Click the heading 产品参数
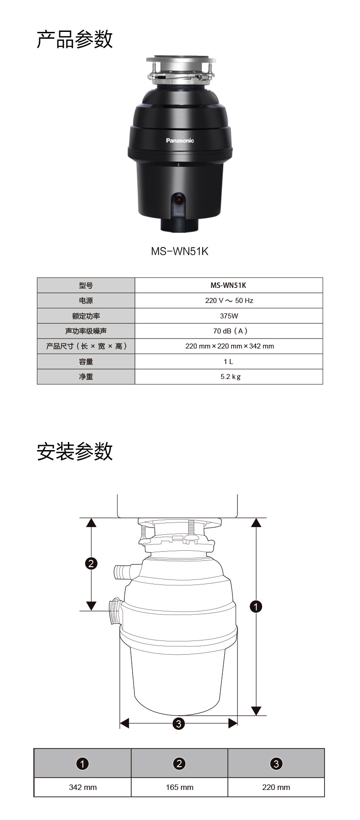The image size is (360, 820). (x=75, y=40)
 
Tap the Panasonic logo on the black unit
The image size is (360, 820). (x=180, y=141)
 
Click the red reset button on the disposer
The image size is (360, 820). (x=179, y=200)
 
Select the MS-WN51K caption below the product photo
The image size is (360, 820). (x=180, y=251)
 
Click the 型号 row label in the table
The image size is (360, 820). (x=86, y=286)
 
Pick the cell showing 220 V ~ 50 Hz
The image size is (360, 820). (x=229, y=301)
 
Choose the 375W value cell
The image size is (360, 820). (x=229, y=316)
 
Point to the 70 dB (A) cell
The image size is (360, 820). (x=229, y=331)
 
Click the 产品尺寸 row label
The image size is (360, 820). (x=86, y=346)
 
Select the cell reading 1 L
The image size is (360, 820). (x=229, y=361)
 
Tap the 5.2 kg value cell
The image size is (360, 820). (x=229, y=377)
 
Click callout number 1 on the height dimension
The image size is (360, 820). (x=256, y=606)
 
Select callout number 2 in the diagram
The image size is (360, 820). (x=91, y=564)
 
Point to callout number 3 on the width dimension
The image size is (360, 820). (x=179, y=723)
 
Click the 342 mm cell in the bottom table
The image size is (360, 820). (x=82, y=787)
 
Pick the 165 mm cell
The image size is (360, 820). (x=180, y=787)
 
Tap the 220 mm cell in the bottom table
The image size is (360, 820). (x=276, y=787)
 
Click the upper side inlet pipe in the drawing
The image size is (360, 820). (x=123, y=571)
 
